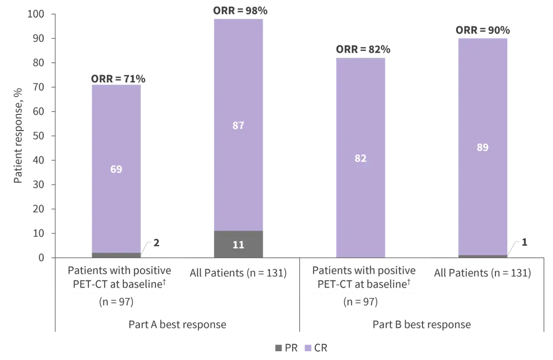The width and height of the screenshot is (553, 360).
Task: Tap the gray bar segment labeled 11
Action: (238, 244)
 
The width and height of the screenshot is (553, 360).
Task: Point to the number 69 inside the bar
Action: (116, 169)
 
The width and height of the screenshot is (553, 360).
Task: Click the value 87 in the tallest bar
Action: (238, 126)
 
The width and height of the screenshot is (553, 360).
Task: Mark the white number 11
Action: (238, 244)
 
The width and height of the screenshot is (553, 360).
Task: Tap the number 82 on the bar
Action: (361, 158)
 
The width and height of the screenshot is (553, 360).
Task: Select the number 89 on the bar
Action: (482, 148)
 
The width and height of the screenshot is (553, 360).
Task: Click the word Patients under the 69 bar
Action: (88, 271)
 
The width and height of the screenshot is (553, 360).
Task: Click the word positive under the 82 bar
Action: (395, 271)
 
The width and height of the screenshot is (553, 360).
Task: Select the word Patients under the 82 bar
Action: (332, 271)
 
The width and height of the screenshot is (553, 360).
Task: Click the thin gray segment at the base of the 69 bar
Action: (115, 255)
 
